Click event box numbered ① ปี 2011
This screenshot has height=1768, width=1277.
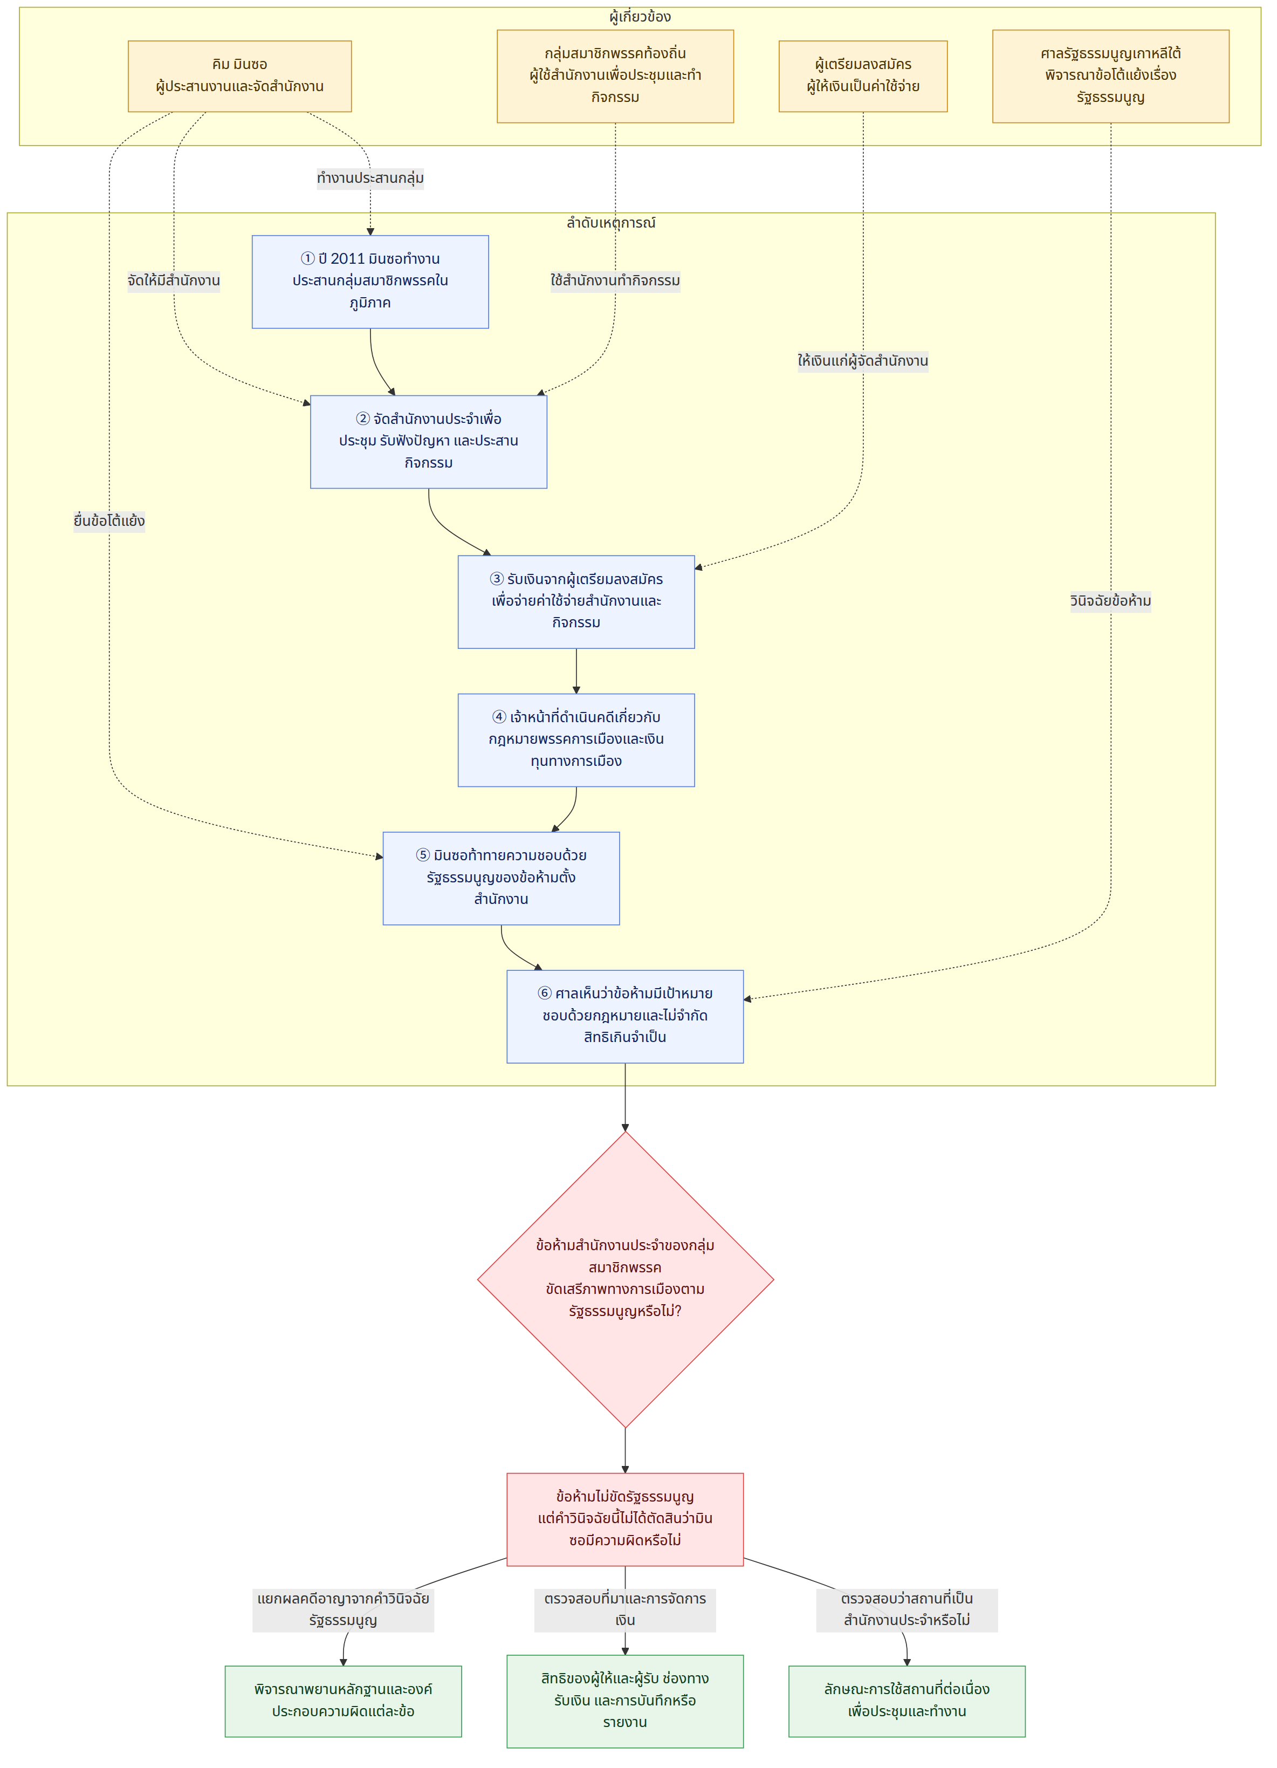(x=370, y=282)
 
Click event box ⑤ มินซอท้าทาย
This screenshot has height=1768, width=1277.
(x=502, y=878)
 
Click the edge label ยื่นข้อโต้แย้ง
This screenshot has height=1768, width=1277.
(x=109, y=520)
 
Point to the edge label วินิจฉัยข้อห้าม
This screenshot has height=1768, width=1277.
(x=1110, y=601)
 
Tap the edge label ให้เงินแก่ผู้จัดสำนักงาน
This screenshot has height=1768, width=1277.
(x=863, y=361)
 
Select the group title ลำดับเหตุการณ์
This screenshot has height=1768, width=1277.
(x=611, y=223)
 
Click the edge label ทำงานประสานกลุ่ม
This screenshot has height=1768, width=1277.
(x=370, y=179)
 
